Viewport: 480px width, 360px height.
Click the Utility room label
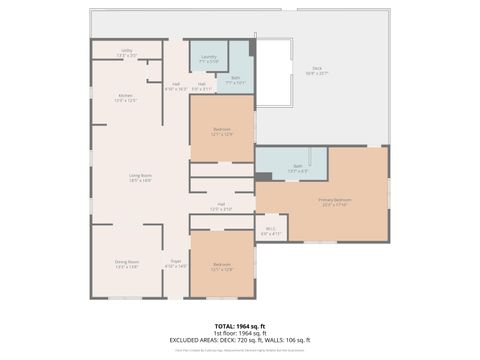tap(127, 52)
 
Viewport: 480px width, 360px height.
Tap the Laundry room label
tap(208, 59)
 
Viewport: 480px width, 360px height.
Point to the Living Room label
tap(140, 178)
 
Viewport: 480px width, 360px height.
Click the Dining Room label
tap(127, 264)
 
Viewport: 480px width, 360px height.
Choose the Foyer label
tap(175, 264)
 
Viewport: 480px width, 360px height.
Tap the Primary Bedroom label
tap(333, 203)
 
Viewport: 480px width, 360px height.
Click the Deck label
tap(316, 71)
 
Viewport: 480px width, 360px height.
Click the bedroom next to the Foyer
tap(221, 267)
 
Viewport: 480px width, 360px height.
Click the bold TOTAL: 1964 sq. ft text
tap(240, 326)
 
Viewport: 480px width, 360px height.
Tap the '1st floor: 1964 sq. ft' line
tap(240, 333)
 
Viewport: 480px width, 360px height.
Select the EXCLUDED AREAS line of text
tap(240, 340)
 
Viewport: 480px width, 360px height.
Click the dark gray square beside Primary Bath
tap(263, 176)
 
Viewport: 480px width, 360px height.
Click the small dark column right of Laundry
tap(253, 47)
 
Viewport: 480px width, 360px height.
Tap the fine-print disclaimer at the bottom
tap(240, 351)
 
